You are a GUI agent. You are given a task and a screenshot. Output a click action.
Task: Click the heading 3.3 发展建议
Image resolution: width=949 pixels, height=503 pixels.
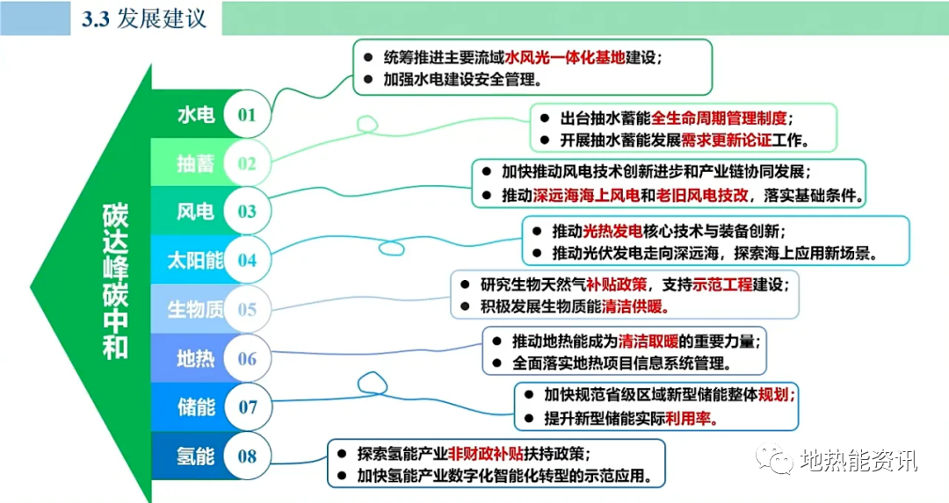(x=144, y=18)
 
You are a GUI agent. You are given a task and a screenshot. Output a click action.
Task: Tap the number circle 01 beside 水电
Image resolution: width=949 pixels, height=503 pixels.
(x=247, y=115)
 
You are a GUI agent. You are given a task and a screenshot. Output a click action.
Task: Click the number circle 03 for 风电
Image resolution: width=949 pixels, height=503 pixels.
(x=247, y=212)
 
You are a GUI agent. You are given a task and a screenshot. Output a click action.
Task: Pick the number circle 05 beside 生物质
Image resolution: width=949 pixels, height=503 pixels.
(x=247, y=309)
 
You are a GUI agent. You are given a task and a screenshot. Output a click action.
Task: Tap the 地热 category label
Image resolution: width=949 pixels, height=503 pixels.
(x=196, y=358)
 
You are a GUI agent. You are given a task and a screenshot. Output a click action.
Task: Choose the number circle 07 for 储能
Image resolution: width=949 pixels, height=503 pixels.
(x=247, y=407)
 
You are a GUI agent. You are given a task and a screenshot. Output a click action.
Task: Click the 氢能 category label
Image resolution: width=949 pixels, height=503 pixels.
(x=196, y=456)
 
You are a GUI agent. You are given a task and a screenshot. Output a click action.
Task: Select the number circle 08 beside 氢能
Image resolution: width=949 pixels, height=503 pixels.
(x=247, y=456)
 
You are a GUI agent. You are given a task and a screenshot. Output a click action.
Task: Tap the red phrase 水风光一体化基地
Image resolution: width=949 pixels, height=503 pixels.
(x=564, y=57)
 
